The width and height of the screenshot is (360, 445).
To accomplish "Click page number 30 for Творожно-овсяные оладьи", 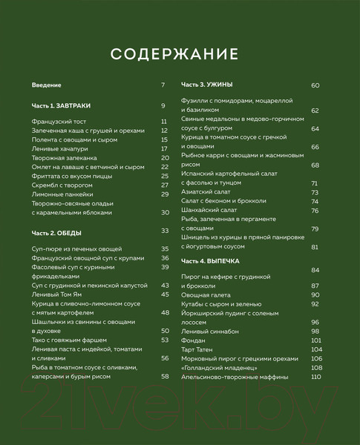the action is pos(166,212).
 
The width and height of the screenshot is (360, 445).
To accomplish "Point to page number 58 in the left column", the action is pos(166,376).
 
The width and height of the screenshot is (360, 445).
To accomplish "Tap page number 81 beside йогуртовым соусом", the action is pos(315,247).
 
